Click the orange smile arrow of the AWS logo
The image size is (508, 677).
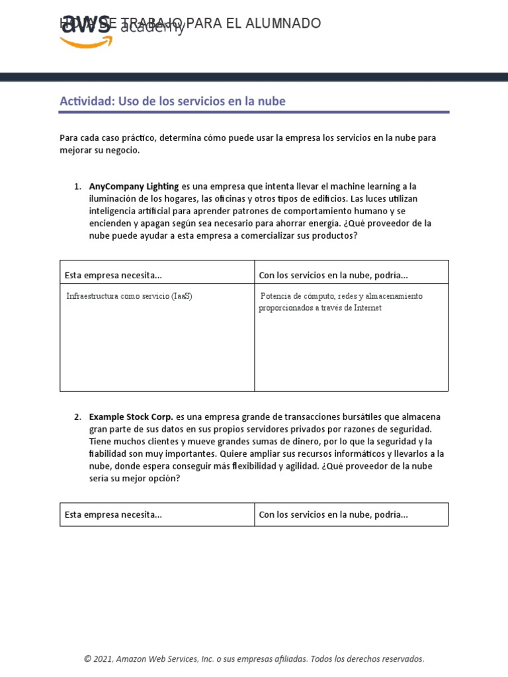tap(86, 42)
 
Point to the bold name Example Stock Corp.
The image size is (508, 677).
tap(131, 417)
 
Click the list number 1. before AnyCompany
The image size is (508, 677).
tap(77, 186)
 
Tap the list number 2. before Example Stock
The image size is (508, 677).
tap(77, 417)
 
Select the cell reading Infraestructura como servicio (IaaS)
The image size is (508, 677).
tap(129, 296)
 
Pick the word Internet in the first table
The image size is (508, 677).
tap(368, 307)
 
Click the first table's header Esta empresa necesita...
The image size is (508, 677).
tap(113, 275)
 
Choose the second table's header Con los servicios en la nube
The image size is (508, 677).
tap(333, 514)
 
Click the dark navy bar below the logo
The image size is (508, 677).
tap(254, 77)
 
